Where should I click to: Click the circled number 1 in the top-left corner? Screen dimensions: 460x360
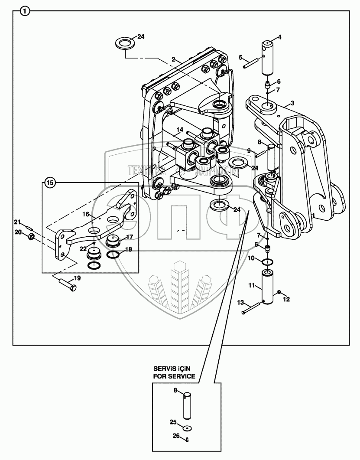tap(25, 11)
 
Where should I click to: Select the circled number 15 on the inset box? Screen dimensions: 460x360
tap(50, 183)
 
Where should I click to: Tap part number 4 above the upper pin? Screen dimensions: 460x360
tap(279, 37)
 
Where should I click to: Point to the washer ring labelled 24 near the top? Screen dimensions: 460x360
tap(125, 43)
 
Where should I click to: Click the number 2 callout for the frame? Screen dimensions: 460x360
tap(173, 59)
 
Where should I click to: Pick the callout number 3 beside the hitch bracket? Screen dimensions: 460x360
tap(292, 103)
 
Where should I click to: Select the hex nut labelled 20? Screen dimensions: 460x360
tap(31, 237)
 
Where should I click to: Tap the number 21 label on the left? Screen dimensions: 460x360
tap(18, 222)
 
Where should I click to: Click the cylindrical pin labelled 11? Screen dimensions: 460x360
tap(267, 286)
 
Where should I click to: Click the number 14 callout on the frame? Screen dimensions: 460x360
tap(180, 129)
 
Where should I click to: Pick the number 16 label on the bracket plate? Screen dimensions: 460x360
tap(86, 214)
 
